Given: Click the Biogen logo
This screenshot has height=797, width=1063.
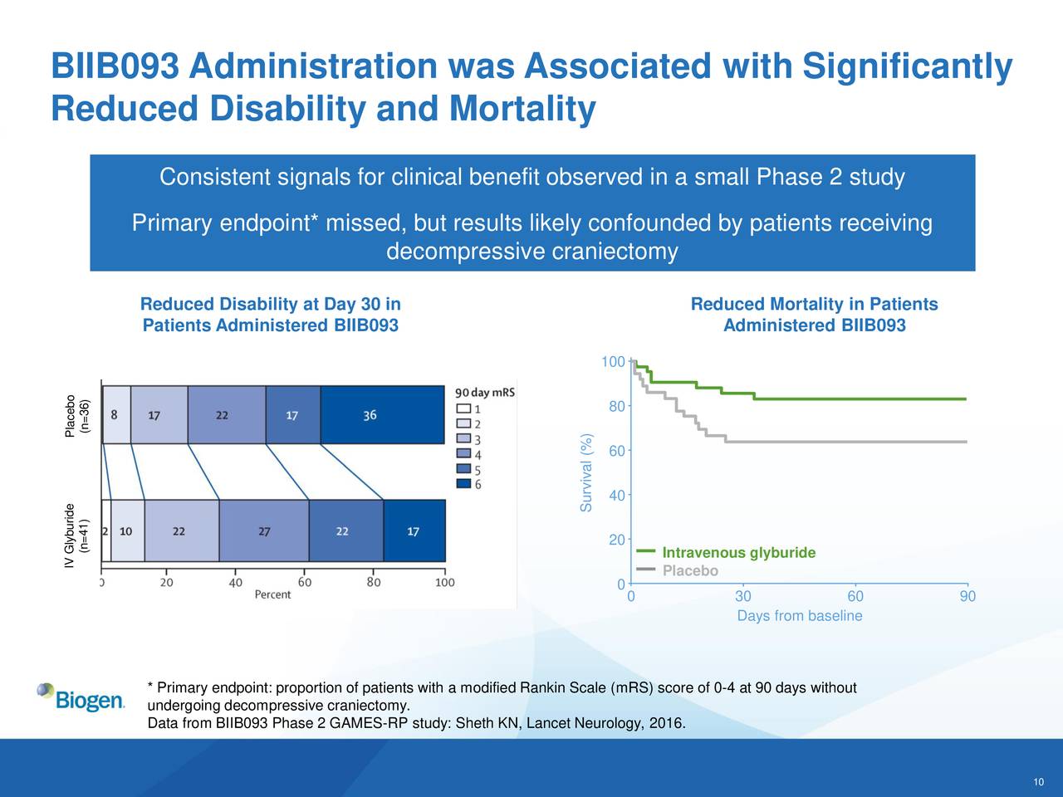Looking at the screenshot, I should tap(81, 697).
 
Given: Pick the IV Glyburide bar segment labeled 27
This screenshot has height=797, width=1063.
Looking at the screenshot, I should tap(263, 531).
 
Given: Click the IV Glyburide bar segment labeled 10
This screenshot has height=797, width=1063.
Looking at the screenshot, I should tap(127, 531).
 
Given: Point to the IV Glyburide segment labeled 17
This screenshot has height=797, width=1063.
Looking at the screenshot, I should tap(414, 531).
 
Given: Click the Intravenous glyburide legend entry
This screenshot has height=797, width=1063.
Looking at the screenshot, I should tap(737, 554).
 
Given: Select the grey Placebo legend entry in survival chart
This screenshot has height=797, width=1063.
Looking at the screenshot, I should tap(689, 571).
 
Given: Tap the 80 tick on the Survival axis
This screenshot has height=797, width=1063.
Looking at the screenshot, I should tap(615, 406).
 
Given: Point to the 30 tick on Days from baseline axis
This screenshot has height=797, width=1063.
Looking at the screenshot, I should tap(743, 597).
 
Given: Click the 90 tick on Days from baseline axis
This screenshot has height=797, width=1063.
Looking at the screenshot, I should tap(967, 597).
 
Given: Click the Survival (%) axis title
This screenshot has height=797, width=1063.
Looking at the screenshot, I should tap(587, 473).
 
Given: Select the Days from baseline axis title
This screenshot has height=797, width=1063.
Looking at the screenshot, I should tap(799, 616).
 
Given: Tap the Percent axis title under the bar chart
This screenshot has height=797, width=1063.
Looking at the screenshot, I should tap(272, 594).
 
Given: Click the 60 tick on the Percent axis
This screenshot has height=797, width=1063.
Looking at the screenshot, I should tap(305, 582).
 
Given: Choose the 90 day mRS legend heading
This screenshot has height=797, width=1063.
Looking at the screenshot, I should tap(485, 392).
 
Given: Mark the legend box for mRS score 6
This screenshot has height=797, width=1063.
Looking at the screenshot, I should tap(464, 484).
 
